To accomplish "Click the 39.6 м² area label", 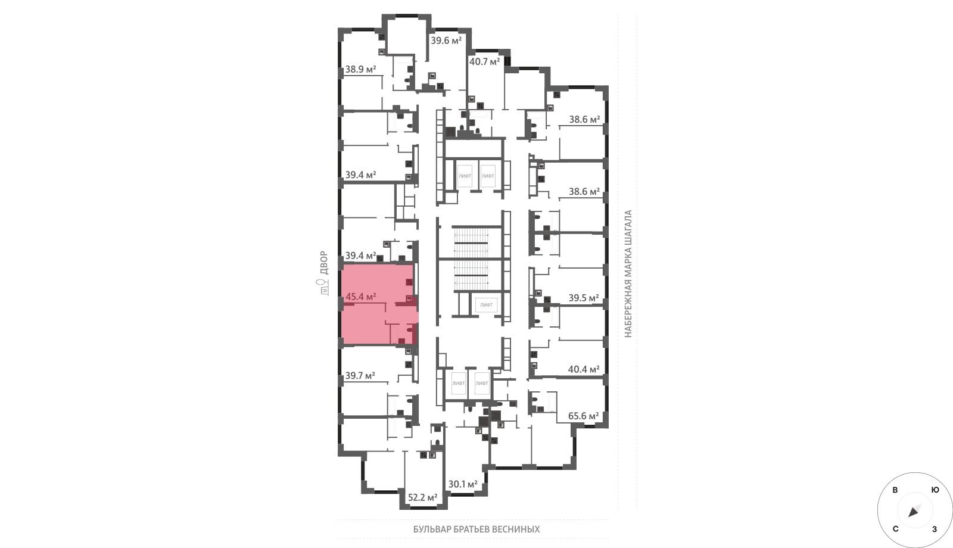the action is (446, 41).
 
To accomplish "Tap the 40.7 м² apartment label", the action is (485, 61).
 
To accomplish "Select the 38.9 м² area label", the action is (360, 69).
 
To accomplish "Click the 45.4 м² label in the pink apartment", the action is (361, 297).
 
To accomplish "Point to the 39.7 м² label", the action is (360, 375).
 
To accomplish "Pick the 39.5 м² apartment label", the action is (584, 298).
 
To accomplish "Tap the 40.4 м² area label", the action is (584, 369).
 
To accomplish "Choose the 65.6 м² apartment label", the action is (584, 416).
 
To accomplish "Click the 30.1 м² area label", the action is (463, 484).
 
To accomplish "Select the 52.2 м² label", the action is (422, 497).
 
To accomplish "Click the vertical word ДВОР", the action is (324, 263).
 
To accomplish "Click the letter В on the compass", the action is (895, 490).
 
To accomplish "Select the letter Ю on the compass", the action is (935, 490).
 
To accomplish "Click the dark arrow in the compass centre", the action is (914, 512).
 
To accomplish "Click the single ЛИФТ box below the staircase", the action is (486, 304).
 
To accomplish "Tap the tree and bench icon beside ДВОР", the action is (324, 288).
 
